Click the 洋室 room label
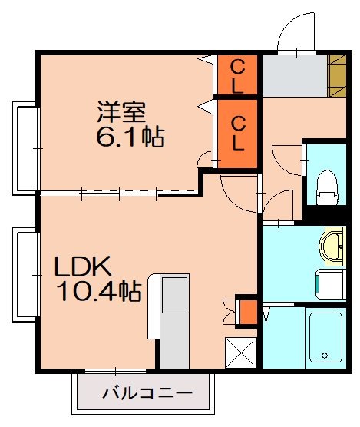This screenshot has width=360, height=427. tap(121, 113)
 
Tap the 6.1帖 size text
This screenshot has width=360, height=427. tap(128, 138)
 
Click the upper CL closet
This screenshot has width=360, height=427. tap(236, 74)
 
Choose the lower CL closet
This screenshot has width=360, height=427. tap(236, 133)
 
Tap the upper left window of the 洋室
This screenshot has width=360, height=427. tap(25, 145)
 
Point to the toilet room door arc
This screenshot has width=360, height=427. tap(284, 163)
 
